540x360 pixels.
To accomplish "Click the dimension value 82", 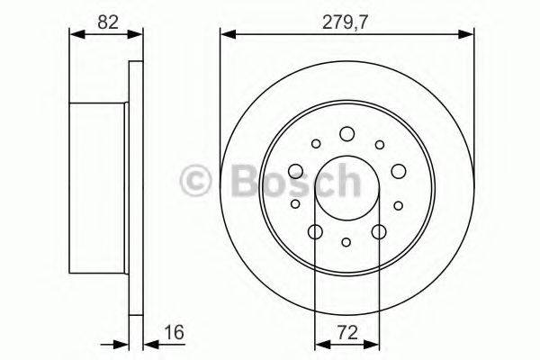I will pyautogui.click(x=106, y=21).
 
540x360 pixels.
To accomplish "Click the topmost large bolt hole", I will pyautogui.click(x=347, y=135).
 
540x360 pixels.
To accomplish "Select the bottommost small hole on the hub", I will pyautogui.click(x=347, y=241).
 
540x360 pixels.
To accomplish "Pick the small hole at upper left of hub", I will pyautogui.click(x=315, y=143).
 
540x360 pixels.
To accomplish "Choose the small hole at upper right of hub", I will pyautogui.click(x=379, y=143).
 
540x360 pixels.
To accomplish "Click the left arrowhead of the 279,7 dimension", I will pyautogui.click(x=226, y=35).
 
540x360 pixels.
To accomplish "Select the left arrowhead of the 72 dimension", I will pyautogui.click(x=319, y=343).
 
